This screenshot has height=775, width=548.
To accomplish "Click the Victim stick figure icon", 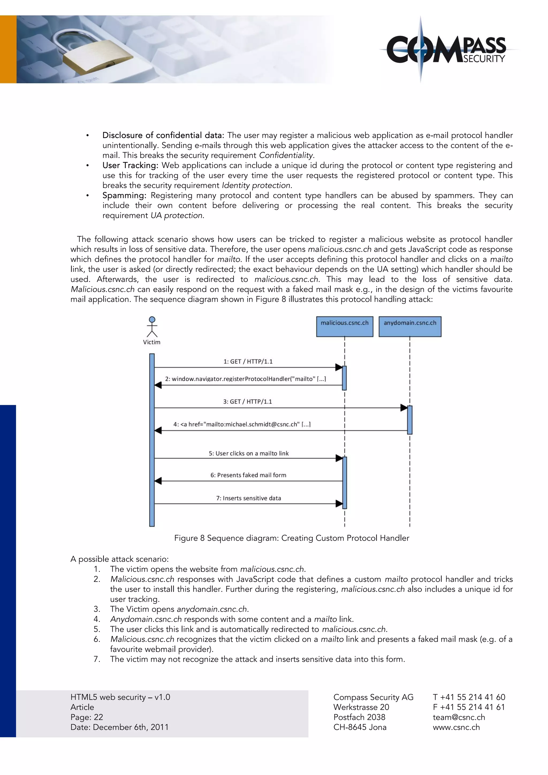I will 152,327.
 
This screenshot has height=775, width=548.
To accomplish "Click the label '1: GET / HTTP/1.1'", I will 248,362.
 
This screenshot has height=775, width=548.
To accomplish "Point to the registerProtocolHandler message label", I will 245,379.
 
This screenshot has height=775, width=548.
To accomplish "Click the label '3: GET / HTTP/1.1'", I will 247,402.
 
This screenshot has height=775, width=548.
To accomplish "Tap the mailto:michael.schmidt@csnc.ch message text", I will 242,424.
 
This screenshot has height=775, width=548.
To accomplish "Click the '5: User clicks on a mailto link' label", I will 248,453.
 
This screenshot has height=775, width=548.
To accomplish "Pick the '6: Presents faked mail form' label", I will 248,475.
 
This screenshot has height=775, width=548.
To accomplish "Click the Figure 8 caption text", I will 292,538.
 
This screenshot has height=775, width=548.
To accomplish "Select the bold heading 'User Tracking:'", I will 130,165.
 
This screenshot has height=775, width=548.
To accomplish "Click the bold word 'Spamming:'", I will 124,195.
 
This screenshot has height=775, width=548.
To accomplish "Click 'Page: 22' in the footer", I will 87,717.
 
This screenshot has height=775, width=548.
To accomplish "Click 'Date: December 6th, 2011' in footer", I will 119,727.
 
